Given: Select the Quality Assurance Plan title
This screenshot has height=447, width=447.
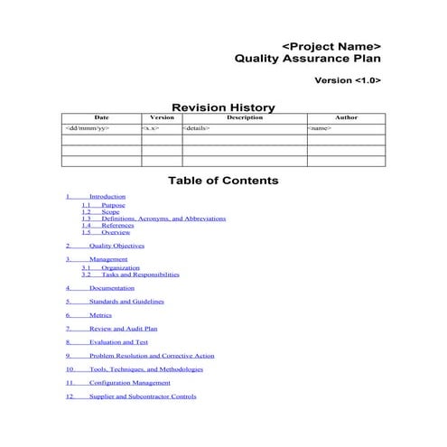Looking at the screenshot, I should pyautogui.click(x=307, y=61).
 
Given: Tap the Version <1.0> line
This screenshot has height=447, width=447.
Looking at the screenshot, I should pyautogui.click(x=347, y=80).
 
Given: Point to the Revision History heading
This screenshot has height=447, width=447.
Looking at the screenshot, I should pyautogui.click(x=223, y=107).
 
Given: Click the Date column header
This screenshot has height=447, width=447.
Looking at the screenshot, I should pyautogui.click(x=101, y=117).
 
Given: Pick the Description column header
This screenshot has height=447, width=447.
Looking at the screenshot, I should pyautogui.click(x=244, y=117).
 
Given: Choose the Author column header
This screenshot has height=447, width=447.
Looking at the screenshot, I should pyautogui.click(x=346, y=117).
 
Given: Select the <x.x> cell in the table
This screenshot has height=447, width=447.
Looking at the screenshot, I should pyautogui.click(x=151, y=128).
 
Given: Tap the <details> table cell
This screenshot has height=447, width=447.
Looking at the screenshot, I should pyautogui.click(x=197, y=128).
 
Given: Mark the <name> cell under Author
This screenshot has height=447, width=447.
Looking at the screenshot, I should pyautogui.click(x=320, y=128).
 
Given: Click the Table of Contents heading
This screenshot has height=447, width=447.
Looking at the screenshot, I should pyautogui.click(x=223, y=181).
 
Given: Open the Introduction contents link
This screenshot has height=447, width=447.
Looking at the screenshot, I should pyautogui.click(x=107, y=196).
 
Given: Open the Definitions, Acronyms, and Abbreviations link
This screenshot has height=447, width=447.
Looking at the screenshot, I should pyautogui.click(x=163, y=219).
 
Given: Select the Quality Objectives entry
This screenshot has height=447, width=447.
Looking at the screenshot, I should pyautogui.click(x=116, y=246).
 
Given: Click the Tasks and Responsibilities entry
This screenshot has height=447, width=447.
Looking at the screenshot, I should pyautogui.click(x=140, y=275).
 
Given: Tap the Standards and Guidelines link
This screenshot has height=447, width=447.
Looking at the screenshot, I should pyautogui.click(x=126, y=302).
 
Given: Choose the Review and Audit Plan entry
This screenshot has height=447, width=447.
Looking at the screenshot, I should pyautogui.click(x=123, y=329).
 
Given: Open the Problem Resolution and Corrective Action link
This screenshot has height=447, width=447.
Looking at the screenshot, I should pyautogui.click(x=151, y=356).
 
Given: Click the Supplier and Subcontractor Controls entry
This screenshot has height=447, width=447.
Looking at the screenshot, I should pyautogui.click(x=142, y=396).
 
